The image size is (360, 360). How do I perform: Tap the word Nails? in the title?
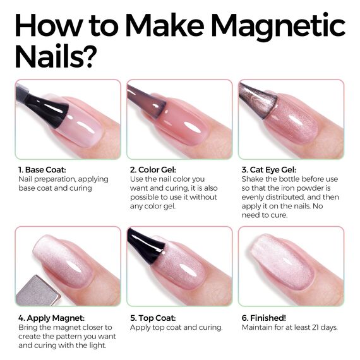pyautogui.click(x=55, y=57)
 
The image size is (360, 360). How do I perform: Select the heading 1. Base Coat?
pyautogui.click(x=44, y=170)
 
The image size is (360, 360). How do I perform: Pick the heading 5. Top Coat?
pyautogui.click(x=154, y=318)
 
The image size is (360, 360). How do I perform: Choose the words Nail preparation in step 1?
pyautogui.click(x=42, y=179)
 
